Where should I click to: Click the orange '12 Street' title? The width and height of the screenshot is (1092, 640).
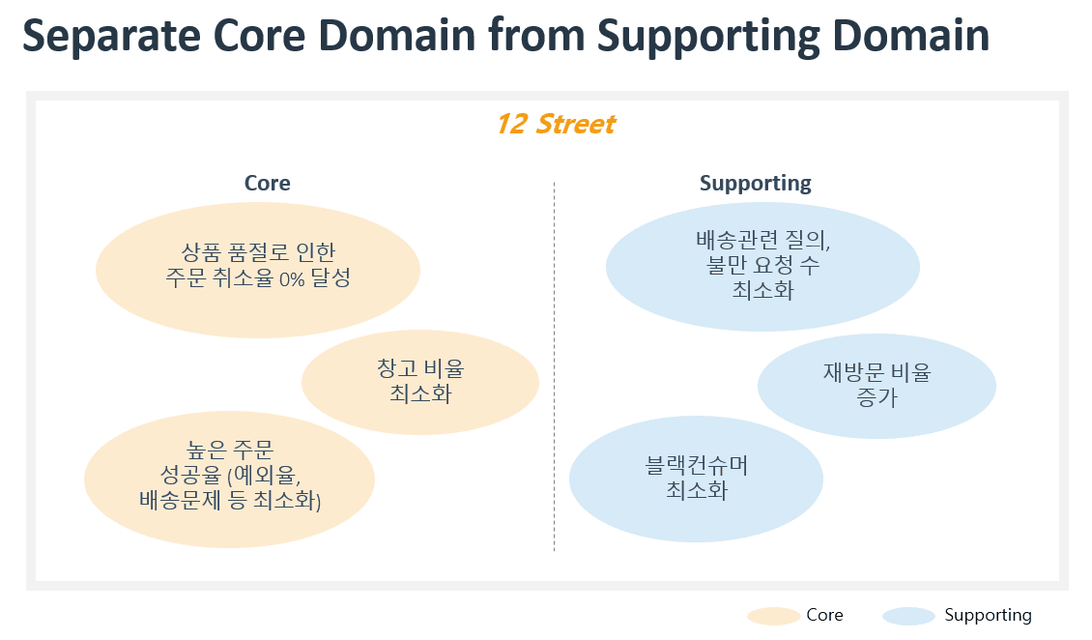[556, 124]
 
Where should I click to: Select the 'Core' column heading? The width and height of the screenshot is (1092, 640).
[268, 183]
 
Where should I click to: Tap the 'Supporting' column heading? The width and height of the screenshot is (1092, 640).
[756, 183]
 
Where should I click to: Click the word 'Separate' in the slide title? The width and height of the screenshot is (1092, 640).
[112, 35]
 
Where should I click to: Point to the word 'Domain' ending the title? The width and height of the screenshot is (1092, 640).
[910, 35]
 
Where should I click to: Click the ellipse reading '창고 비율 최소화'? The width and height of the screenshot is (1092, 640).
[420, 382]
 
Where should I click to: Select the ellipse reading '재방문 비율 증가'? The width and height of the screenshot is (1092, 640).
[876, 386]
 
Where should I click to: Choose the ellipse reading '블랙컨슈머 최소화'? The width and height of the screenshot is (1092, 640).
[697, 480]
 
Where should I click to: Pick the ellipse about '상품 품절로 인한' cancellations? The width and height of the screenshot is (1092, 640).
[258, 270]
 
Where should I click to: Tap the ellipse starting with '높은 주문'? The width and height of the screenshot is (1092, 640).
[230, 480]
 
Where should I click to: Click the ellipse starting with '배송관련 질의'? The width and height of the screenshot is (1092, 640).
[762, 267]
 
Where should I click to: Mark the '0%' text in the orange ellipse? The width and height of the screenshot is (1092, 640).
[292, 279]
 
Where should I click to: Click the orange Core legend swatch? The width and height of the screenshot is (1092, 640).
[773, 617]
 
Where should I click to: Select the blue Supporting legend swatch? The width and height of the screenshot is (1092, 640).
[908, 617]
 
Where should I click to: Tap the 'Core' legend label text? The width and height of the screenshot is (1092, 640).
[824, 615]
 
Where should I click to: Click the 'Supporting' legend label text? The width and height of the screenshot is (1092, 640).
[988, 616]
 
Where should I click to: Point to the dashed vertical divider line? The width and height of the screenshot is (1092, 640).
[555, 367]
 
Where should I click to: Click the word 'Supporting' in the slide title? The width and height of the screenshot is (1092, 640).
[708, 36]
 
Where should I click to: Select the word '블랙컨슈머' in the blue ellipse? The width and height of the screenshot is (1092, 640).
[697, 465]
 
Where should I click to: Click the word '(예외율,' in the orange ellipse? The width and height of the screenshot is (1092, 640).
[264, 476]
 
